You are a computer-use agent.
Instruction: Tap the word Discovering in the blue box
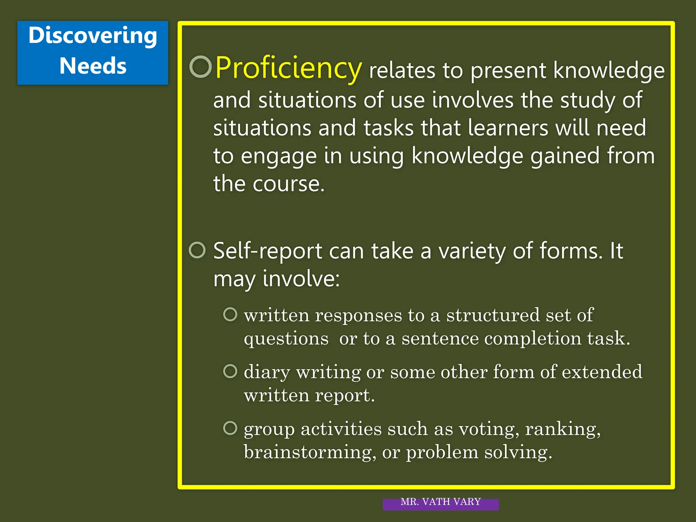point(93,36)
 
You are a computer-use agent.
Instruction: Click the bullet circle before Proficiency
point(201,67)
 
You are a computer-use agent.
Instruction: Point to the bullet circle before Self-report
point(197,250)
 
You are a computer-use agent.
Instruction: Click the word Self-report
point(268,251)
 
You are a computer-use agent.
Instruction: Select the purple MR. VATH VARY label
point(440,503)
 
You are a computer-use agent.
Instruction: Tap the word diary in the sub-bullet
point(267,372)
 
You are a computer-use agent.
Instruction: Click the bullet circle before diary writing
point(230,371)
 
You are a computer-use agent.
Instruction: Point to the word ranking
point(562,429)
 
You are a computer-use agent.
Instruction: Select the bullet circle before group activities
point(230,428)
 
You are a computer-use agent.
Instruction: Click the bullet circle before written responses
point(230,314)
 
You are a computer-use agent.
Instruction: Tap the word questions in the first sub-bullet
point(286,339)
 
